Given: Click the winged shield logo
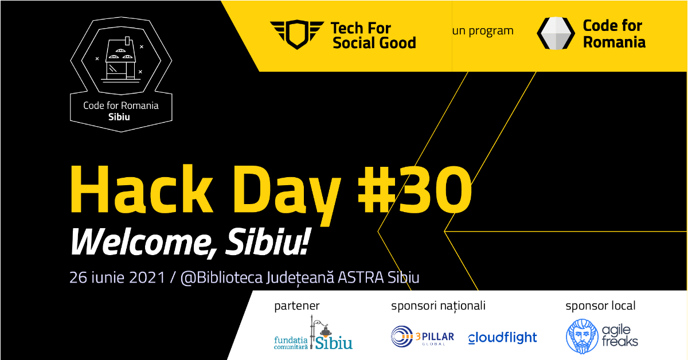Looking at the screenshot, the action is [297, 34].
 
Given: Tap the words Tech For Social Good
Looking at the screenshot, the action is [374, 36].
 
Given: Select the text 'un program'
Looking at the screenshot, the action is [483, 31].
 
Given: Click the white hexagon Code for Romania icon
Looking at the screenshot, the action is [556, 33].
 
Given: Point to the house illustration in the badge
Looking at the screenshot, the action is [121, 60].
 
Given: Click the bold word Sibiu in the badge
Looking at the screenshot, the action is [119, 117].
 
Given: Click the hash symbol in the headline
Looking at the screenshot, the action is [376, 190].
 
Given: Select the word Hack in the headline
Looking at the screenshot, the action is [141, 189].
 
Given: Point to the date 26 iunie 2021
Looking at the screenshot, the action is [118, 277].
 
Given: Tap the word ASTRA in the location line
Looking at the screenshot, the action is [361, 277].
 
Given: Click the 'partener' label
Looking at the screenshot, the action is [297, 306].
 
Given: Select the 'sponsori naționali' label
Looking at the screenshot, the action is [438, 306].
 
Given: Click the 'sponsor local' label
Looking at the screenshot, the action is [600, 306].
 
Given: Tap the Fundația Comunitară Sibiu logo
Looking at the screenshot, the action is [313, 333].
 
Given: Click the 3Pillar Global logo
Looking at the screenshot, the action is [423, 336].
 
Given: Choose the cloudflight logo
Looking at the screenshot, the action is [502, 338].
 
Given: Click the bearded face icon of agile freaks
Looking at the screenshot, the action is [582, 336].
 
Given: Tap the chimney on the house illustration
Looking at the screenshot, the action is [127, 41].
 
